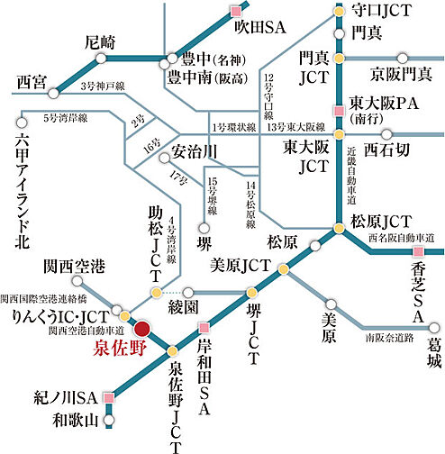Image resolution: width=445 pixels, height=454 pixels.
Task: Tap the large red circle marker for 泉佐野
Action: click(x=141, y=328)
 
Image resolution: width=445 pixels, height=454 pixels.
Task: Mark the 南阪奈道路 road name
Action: click(x=389, y=339)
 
